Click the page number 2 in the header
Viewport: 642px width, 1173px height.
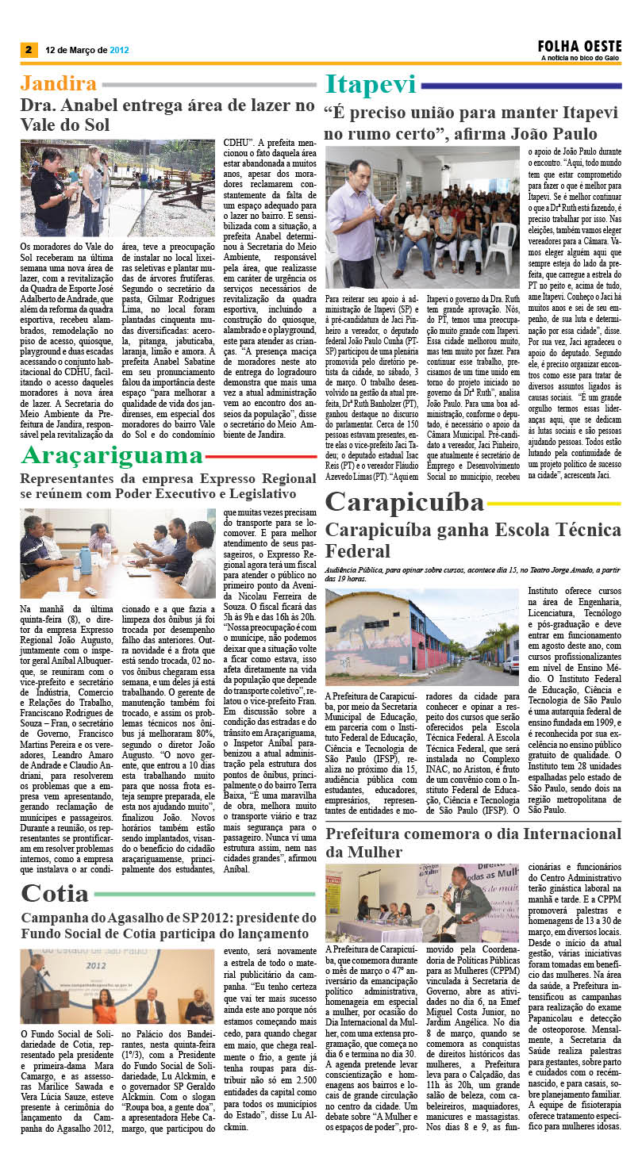[28, 49]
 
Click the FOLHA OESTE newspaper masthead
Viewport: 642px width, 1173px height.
[579, 46]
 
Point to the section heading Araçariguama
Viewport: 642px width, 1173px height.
[112, 455]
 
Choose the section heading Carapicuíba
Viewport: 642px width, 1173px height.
[404, 502]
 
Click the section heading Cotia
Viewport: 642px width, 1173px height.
[55, 893]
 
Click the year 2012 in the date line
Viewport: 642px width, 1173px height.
[119, 49]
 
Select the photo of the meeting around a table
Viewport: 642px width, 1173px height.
[117, 554]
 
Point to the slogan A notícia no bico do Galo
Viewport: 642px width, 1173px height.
[580, 57]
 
